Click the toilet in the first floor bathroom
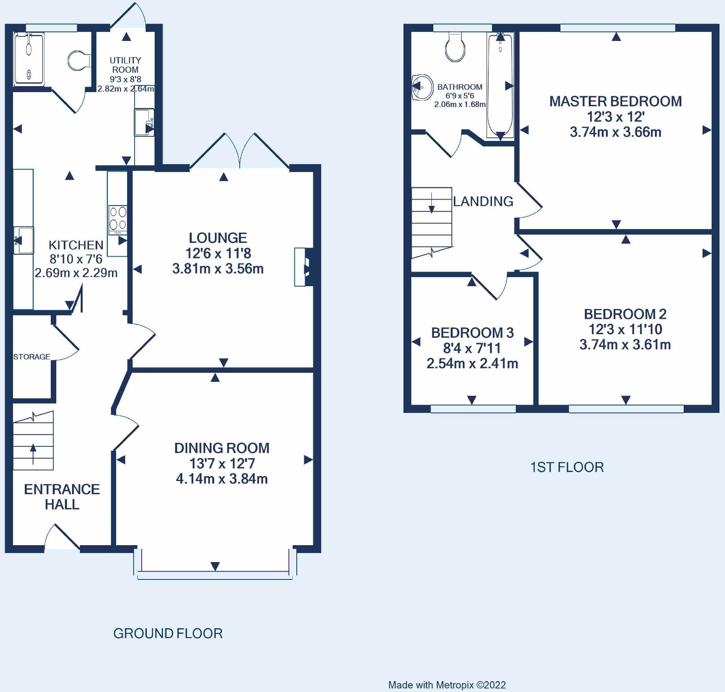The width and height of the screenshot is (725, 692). [455, 47]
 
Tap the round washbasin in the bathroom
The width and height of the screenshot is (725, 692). [422, 87]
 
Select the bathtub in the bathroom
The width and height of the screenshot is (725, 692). [500, 85]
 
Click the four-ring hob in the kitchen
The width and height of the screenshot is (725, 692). [118, 220]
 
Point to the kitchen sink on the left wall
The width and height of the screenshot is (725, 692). [24, 240]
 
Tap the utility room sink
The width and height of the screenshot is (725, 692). [144, 122]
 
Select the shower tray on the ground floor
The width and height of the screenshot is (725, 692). [29, 59]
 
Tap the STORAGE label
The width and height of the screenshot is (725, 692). [32, 357]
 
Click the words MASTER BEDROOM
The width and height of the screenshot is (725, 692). [616, 102]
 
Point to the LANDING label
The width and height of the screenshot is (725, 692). [483, 202]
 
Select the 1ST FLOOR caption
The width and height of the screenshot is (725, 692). [567, 467]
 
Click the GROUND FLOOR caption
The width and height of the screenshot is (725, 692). [168, 633]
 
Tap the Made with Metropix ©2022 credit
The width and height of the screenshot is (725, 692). [447, 685]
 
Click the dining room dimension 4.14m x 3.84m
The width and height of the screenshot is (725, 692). [222, 479]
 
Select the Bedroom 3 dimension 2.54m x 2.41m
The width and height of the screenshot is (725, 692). [472, 363]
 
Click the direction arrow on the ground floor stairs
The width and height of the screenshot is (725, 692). [33, 454]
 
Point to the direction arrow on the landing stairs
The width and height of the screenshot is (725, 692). [432, 203]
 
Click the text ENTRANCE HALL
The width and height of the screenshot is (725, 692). [62, 497]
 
